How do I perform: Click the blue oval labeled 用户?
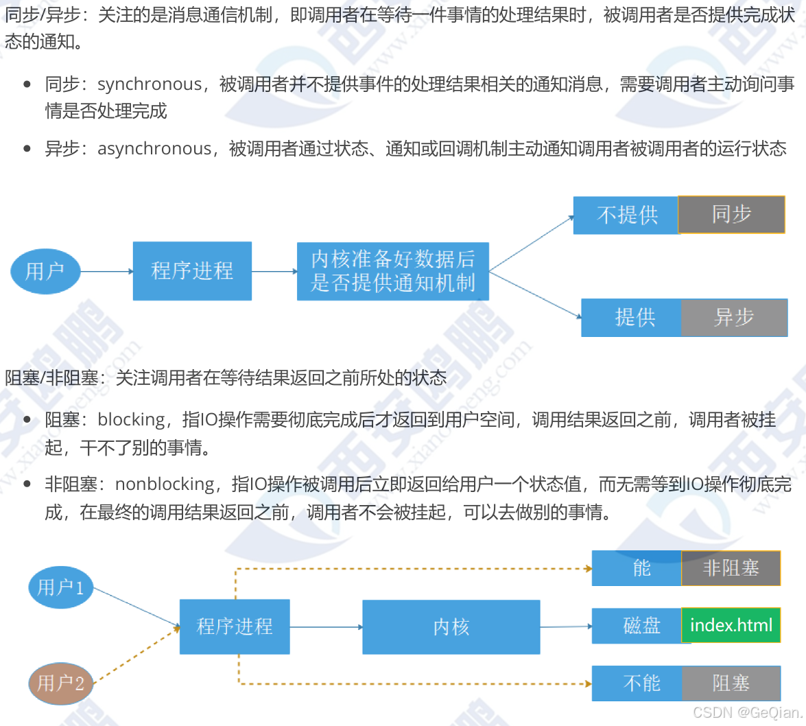pos(45,271)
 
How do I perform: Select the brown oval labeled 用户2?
pos(60,683)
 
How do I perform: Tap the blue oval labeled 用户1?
pos(60,587)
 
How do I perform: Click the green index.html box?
pos(731,625)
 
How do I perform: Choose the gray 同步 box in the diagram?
pos(731,215)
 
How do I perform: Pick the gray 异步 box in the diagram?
pos(734,317)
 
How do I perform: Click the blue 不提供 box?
pos(626,215)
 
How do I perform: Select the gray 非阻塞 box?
pos(731,568)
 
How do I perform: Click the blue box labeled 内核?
pos(451,627)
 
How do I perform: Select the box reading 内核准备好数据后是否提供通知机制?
pos(392,271)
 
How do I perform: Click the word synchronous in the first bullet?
pos(150,84)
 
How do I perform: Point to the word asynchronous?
pos(154,149)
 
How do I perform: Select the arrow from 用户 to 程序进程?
pos(106,271)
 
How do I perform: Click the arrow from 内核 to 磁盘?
pos(565,627)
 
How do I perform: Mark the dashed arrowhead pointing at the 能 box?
pos(588,568)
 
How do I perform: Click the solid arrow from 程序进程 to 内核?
pos(326,627)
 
